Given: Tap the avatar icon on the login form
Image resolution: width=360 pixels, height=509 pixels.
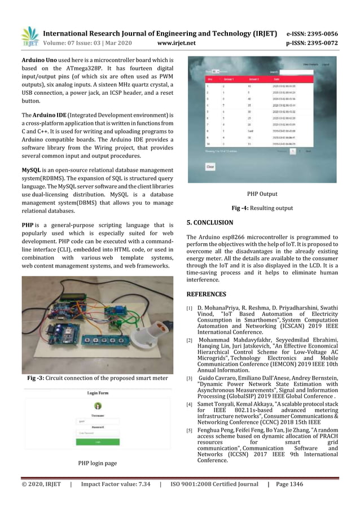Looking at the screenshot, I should (x=98, y=406).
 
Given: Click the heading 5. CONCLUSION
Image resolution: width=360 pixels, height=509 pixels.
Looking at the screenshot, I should (x=209, y=222).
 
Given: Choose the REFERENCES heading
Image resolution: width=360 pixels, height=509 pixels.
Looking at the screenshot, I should (x=206, y=294).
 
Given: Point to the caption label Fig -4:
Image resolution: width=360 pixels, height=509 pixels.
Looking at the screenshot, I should (x=242, y=208).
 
